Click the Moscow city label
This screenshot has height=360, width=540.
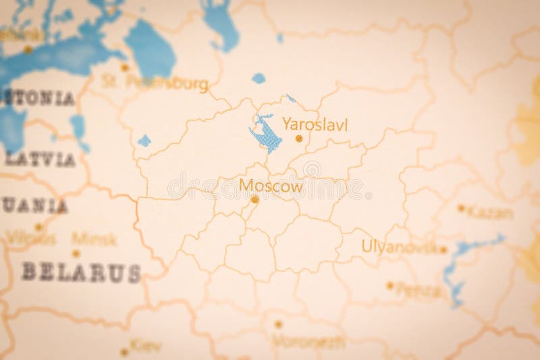(x=271, y=186)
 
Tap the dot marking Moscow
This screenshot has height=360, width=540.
(x=254, y=199)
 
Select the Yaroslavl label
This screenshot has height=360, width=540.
(x=315, y=124)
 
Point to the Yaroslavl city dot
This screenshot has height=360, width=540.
(x=299, y=138)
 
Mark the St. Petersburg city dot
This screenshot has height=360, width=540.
(x=124, y=68)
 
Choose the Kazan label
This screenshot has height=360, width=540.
(x=490, y=213)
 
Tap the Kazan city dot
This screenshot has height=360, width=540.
(x=461, y=209)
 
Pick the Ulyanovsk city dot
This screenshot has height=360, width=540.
(x=443, y=249)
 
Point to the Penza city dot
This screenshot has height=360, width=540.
(x=389, y=285)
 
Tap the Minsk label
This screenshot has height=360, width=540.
(x=94, y=238)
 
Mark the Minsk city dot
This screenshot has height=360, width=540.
(x=76, y=254)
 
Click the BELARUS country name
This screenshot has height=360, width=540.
(x=81, y=272)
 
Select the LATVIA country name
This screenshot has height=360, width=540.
(x=40, y=160)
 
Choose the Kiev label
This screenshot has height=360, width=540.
(x=146, y=346)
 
